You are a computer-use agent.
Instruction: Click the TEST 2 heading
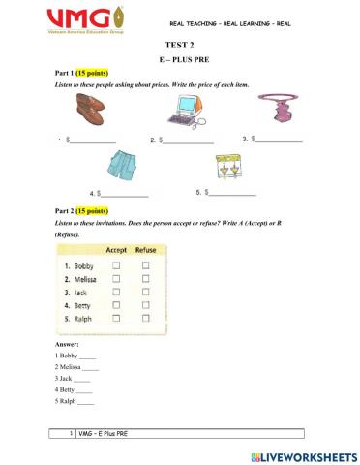pyautogui.click(x=179, y=46)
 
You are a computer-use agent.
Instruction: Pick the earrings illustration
pyautogui.click(x=226, y=169)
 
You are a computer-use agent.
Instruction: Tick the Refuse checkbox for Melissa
pyautogui.click(x=145, y=279)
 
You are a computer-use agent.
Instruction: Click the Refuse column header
pyautogui.click(x=145, y=249)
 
